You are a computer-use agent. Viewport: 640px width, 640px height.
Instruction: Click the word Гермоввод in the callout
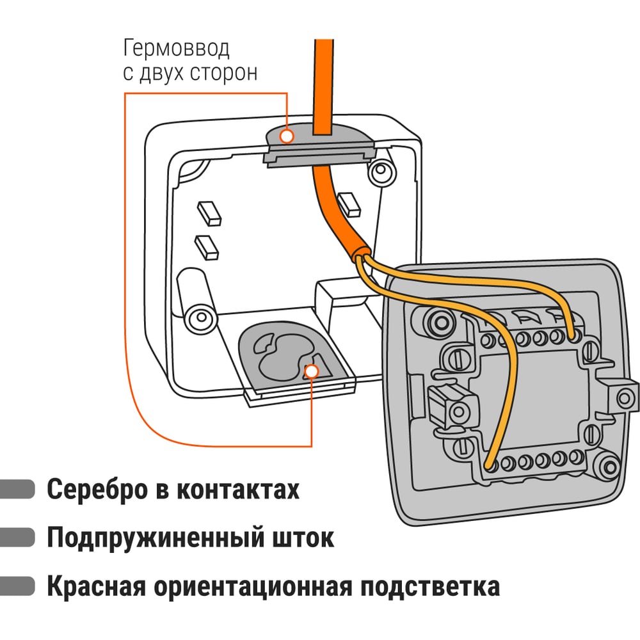tap(175, 49)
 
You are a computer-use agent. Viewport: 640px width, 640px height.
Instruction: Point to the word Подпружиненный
tap(150, 538)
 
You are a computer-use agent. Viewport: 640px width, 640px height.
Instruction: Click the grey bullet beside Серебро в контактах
tap(17, 489)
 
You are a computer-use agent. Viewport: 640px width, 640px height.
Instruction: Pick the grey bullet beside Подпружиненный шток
tap(17, 537)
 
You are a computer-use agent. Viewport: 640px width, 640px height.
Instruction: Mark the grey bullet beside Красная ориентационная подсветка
tap(17, 585)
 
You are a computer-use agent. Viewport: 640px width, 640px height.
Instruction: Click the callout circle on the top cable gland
tap(287, 136)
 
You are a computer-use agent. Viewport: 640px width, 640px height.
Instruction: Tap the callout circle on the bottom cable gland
tap(312, 371)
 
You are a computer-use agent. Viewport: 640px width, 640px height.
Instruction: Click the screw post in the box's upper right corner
tap(381, 170)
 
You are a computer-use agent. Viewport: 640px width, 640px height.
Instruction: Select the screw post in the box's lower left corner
tap(198, 316)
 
